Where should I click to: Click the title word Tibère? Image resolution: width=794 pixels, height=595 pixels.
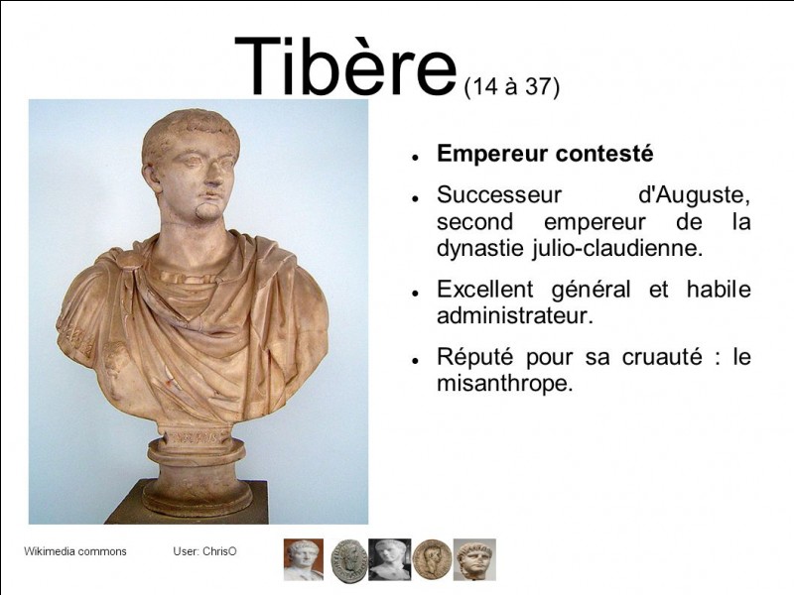pyautogui.click(x=345, y=65)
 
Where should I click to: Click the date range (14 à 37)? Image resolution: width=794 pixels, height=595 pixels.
pyautogui.click(x=511, y=86)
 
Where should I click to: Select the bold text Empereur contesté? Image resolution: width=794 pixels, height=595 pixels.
pyautogui.click(x=545, y=154)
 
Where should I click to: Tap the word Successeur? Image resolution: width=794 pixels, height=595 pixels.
pyautogui.click(x=499, y=194)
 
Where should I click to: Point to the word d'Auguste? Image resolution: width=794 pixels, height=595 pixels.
pyautogui.click(x=694, y=195)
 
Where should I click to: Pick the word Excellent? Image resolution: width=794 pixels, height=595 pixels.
pyautogui.click(x=484, y=290)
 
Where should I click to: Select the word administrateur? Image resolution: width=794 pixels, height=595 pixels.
pyautogui.click(x=514, y=316)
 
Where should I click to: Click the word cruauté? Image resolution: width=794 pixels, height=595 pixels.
pyautogui.click(x=662, y=357)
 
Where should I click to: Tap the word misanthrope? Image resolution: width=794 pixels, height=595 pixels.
pyautogui.click(x=504, y=384)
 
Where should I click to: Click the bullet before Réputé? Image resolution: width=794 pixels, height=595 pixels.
pyautogui.click(x=415, y=361)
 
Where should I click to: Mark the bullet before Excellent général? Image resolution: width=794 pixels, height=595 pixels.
pyautogui.click(x=415, y=294)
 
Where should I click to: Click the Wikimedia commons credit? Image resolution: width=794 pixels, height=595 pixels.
pyautogui.click(x=75, y=551)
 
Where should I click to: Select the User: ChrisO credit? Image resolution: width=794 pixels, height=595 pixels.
pyautogui.click(x=204, y=551)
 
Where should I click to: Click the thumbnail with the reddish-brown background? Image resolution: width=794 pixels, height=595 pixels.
pyautogui.click(x=304, y=559)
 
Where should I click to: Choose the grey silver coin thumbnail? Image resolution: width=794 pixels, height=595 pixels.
pyautogui.click(x=349, y=560)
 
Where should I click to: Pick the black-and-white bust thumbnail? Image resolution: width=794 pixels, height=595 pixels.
pyautogui.click(x=389, y=559)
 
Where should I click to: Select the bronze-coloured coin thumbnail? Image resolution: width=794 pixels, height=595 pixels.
pyautogui.click(x=432, y=559)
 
